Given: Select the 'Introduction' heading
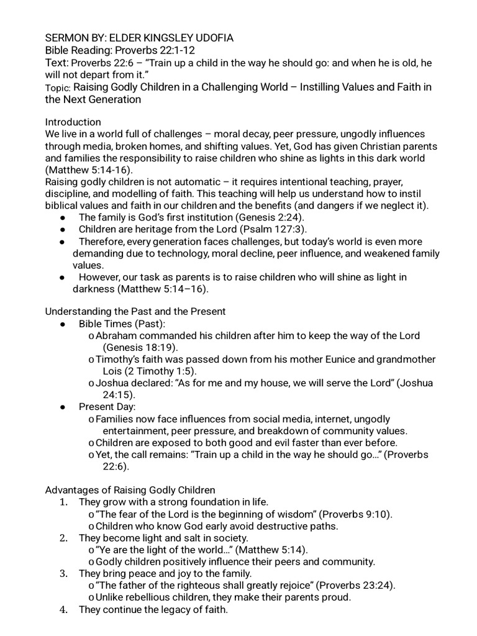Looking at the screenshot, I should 73,122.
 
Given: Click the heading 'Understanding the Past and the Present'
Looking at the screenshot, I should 135,311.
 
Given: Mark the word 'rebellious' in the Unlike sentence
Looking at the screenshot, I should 154,597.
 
